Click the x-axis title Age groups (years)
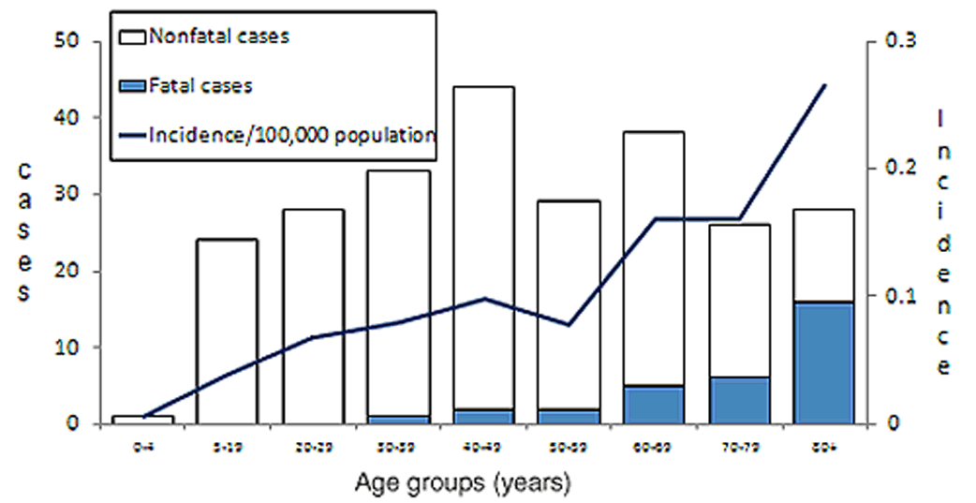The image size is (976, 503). tap(463, 484)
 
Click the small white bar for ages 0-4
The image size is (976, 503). tap(144, 420)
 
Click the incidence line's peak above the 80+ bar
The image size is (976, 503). tap(825, 85)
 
